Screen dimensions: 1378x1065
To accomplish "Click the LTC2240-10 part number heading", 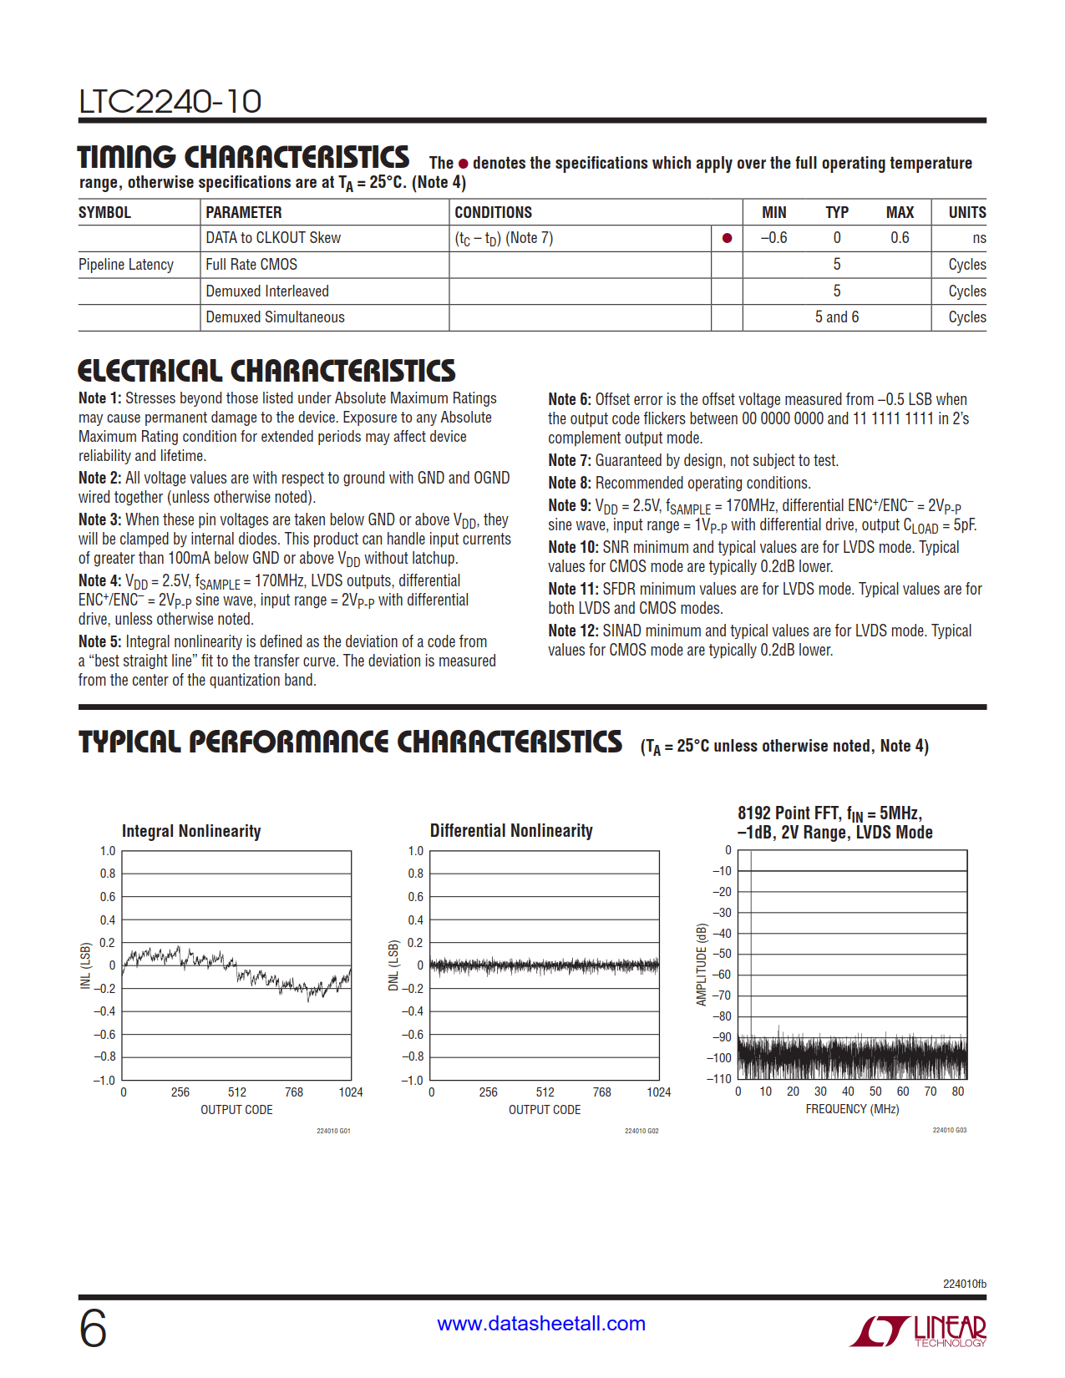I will tap(170, 102).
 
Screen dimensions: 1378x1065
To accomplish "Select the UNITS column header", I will tap(966, 213).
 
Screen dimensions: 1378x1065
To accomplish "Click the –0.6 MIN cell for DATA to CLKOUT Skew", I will tap(773, 238).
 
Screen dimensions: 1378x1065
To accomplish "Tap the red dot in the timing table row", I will tap(727, 238).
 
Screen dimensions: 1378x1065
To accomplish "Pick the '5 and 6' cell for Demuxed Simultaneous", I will tap(836, 317).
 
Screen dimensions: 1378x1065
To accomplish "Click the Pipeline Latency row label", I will tap(126, 265).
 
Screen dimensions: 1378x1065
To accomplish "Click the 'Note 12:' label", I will tap(573, 631).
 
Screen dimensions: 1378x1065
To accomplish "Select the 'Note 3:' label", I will tap(99, 520).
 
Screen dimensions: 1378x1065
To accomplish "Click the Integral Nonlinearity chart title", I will tap(191, 831).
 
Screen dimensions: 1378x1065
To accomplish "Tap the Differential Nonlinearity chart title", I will tap(511, 831).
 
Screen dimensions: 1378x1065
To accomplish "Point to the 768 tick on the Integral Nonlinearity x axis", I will tap(294, 1092).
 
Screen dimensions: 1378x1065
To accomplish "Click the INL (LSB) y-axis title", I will tap(85, 966).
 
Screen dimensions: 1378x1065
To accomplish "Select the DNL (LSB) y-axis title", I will tap(393, 966).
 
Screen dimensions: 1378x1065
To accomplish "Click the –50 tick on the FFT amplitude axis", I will tap(722, 954).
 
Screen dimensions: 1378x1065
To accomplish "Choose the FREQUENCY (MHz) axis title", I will tap(852, 1109).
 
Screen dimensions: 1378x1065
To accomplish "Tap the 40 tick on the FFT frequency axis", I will tap(848, 1092).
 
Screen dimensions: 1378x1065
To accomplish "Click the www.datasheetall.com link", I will tap(541, 1324).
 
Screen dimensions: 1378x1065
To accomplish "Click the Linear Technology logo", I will tap(918, 1330).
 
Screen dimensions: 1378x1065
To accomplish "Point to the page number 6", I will tap(93, 1328).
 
